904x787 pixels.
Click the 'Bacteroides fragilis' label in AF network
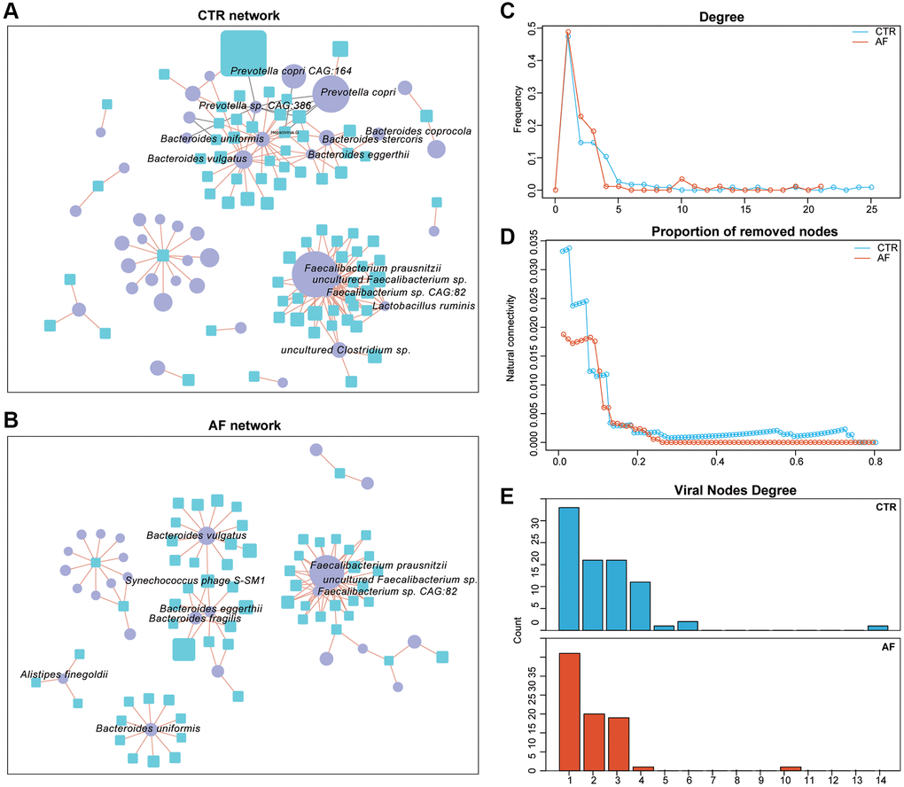tap(195, 619)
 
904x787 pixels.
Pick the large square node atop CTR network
tap(243, 53)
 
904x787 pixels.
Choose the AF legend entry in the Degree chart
tap(886, 41)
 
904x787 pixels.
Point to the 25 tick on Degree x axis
tap(871, 209)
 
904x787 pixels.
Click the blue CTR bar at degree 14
tap(877, 627)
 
